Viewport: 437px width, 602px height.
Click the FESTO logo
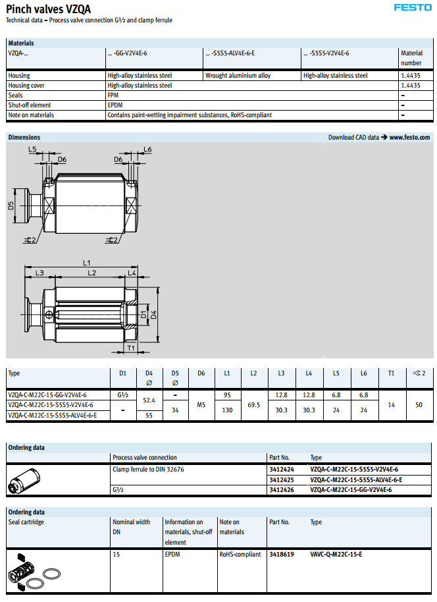tap(413, 8)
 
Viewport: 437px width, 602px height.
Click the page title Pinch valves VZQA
tap(49, 9)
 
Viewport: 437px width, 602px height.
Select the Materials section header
tap(21, 43)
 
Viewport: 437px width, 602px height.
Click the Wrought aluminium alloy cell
tap(238, 76)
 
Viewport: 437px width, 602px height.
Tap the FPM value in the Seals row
tap(113, 96)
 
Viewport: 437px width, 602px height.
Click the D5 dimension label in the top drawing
tap(11, 205)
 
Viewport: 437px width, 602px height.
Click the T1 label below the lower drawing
tap(130, 347)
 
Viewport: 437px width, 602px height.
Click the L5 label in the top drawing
tap(33, 150)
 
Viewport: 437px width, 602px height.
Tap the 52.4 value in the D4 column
tap(149, 400)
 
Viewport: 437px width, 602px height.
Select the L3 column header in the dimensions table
tap(281, 373)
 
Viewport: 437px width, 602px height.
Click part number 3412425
tap(282, 479)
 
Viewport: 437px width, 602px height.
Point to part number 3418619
tap(282, 554)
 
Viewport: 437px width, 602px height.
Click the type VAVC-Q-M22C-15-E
tap(336, 554)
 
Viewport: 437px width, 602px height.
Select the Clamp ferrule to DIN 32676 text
tap(147, 469)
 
